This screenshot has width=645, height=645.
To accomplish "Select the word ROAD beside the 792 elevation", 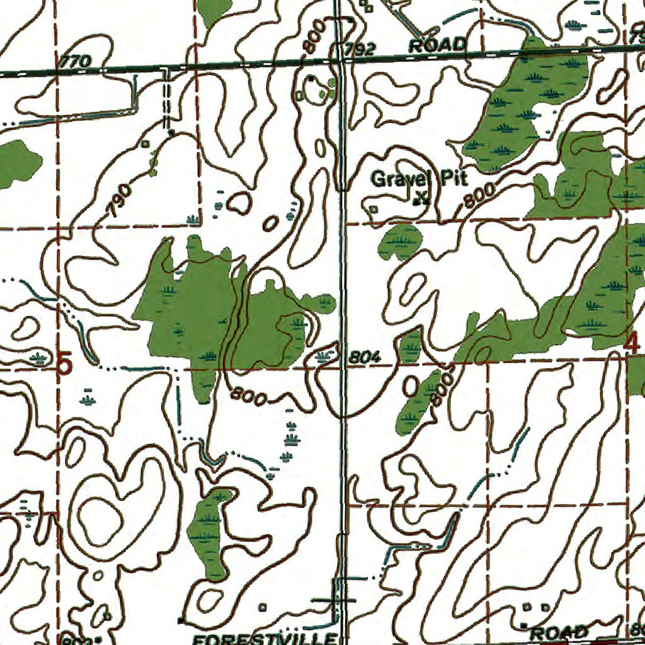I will (x=438, y=45).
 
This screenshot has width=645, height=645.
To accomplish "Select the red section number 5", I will (x=65, y=364).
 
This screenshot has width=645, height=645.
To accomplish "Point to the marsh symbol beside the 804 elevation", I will (x=325, y=357).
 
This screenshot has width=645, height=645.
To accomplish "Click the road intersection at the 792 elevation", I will (x=340, y=60).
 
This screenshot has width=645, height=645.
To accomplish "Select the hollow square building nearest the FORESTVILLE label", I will (x=263, y=607).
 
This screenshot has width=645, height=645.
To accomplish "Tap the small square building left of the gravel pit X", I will (x=374, y=208).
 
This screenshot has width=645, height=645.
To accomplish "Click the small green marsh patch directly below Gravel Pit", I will (x=401, y=242).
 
